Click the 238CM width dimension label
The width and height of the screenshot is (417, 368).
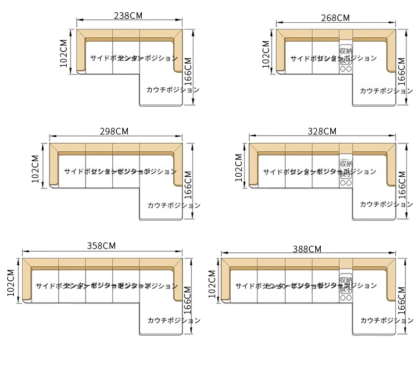point(128,16)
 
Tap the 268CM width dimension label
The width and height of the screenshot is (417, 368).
point(335,18)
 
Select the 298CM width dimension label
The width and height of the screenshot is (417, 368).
point(115,132)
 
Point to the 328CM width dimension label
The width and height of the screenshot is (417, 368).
point(322,132)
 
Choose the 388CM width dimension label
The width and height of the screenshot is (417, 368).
point(307,249)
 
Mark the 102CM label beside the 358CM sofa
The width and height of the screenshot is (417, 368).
point(11,284)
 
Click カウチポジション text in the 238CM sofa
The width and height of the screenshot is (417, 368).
point(173,89)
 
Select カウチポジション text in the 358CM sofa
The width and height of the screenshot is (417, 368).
point(174,320)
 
